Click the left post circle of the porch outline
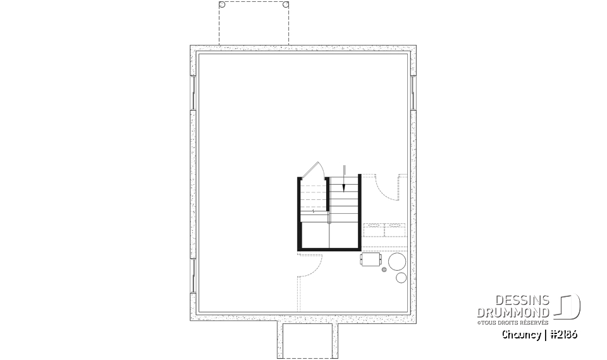click(x=222, y=4)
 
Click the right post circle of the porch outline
click(x=286, y=4)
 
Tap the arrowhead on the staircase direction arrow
click(x=344, y=187)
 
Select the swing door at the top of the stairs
click(x=314, y=170)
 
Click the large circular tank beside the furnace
click(x=397, y=261)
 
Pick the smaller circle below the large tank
click(x=401, y=278)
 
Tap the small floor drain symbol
click(x=384, y=270)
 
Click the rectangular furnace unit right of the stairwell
click(x=371, y=259)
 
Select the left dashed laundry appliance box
click(x=374, y=230)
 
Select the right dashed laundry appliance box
click(x=395, y=230)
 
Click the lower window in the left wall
click(x=193, y=275)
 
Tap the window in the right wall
click(x=413, y=92)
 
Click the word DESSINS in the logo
click(x=522, y=301)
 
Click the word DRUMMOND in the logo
click(x=513, y=313)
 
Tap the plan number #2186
click(x=563, y=335)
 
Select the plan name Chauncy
click(x=522, y=335)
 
